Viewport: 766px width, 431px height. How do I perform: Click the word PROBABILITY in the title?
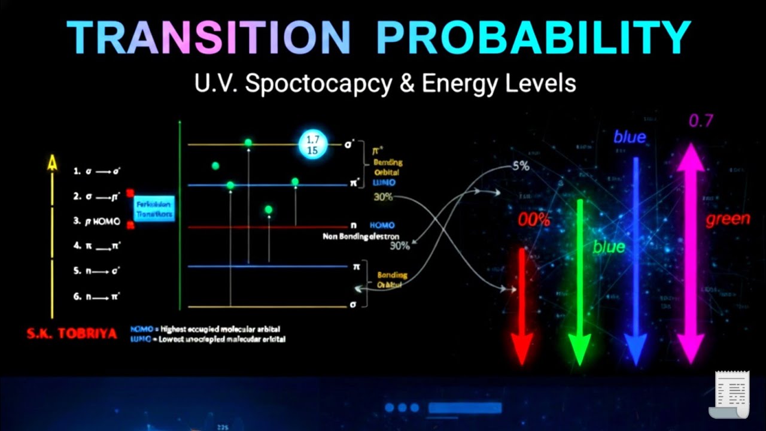coord(533,38)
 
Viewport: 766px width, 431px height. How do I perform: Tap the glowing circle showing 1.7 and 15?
coord(312,145)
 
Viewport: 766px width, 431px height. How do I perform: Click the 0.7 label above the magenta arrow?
coord(701,121)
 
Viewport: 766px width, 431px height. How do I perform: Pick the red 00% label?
coord(534,220)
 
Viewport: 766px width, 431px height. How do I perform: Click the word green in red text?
coord(728,219)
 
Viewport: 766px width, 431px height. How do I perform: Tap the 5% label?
coord(521,166)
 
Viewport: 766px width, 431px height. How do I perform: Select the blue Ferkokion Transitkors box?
coord(154,208)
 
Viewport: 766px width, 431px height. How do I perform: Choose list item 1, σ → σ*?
coord(97,171)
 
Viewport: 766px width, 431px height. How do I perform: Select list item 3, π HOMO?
coord(97,221)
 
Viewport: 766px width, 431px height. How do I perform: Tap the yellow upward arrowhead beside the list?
coord(53,162)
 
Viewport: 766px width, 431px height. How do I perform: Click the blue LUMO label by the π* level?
coord(384,182)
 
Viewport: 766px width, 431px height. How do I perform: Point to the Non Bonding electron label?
coord(360,236)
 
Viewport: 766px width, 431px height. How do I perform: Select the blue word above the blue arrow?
coord(630,137)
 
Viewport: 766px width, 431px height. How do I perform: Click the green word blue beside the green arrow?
coord(609,247)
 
